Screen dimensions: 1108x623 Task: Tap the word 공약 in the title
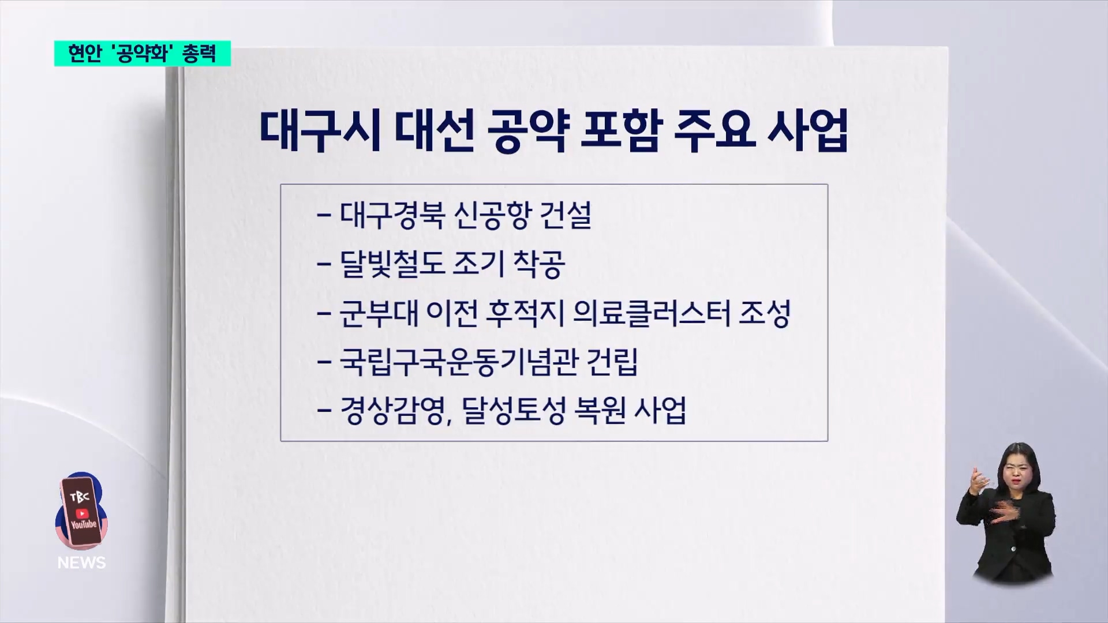[x=526, y=132]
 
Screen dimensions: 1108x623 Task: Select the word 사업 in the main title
[x=808, y=132]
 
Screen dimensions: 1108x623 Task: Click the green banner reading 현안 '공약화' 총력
[x=143, y=54]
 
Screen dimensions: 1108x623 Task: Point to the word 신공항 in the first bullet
[x=492, y=215]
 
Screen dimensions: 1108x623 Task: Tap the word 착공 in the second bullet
[x=538, y=264]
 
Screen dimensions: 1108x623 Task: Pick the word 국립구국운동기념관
[x=459, y=362]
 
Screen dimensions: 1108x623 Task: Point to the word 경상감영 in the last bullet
[x=392, y=411]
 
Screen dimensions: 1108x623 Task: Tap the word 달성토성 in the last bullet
[x=514, y=411]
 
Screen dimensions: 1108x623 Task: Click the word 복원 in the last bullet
[x=600, y=411]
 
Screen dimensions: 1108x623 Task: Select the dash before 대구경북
[x=324, y=216]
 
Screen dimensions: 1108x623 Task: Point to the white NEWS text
[x=81, y=562]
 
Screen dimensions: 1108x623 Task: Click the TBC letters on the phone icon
[x=79, y=497]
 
